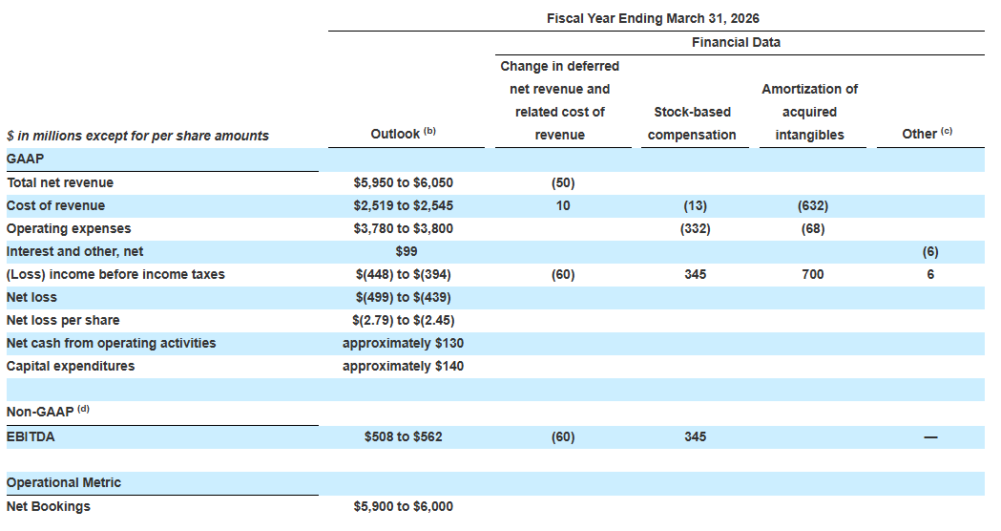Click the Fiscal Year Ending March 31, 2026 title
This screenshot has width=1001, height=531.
coord(653,18)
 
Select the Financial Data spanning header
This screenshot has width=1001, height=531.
coord(736,42)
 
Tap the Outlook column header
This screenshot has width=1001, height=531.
coord(403,133)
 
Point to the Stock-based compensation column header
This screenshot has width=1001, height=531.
coord(692,123)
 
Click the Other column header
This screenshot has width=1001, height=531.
coord(927,133)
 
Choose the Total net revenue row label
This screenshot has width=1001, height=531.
coord(60,182)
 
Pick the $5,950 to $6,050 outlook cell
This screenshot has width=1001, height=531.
coord(404,182)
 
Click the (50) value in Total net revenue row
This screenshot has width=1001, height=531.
coord(563,182)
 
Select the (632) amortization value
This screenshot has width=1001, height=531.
coord(813,205)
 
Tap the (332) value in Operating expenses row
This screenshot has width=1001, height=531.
coord(696,229)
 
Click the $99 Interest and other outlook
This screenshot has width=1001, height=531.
coord(406,252)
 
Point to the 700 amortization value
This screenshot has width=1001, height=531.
coord(813,275)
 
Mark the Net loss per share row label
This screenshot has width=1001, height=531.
coord(63,320)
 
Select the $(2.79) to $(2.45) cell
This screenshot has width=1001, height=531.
coord(404,320)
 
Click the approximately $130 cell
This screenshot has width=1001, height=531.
coord(404,343)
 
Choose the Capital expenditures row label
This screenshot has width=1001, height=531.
coord(71,366)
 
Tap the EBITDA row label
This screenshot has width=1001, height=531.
coord(30,437)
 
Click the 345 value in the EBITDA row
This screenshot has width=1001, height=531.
coord(696,437)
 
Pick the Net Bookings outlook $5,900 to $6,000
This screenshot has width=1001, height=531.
coord(404,507)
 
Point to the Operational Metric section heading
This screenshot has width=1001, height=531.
coord(63,482)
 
